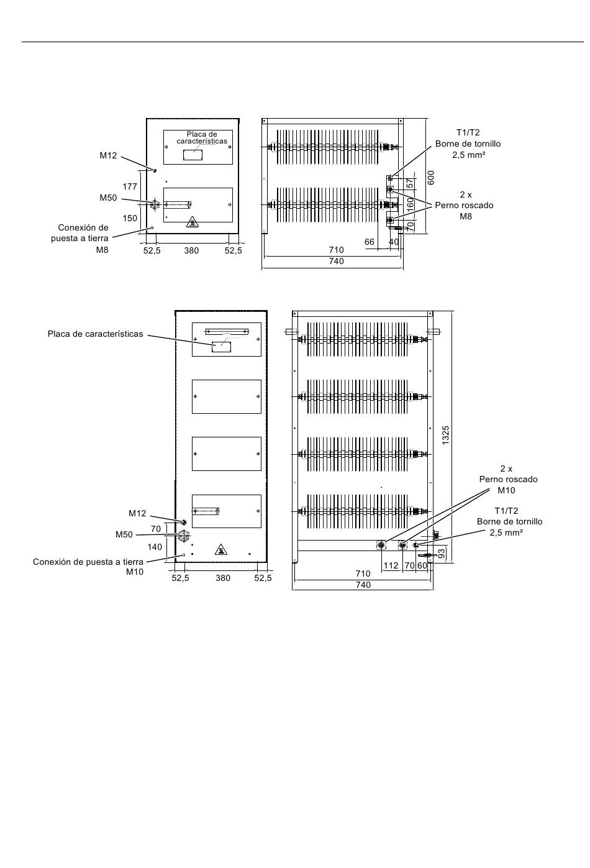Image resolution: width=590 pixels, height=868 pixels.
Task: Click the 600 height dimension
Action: click(x=432, y=178)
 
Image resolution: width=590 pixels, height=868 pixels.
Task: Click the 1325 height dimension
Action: click(x=445, y=435)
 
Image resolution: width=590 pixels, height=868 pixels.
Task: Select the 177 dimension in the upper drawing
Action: click(x=130, y=187)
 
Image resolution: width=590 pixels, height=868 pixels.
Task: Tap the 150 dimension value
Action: click(x=130, y=218)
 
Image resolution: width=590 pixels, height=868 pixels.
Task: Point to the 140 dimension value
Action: click(x=155, y=547)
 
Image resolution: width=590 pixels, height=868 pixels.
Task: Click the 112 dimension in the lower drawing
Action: click(x=391, y=566)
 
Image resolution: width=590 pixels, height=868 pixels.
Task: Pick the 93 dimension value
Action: click(x=441, y=553)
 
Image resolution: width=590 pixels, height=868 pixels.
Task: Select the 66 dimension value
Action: click(x=370, y=242)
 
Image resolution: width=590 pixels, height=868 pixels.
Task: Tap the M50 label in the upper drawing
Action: click(x=108, y=198)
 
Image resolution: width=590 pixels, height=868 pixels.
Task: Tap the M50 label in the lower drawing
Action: click(x=124, y=535)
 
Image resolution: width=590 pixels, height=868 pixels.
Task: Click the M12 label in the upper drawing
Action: click(x=108, y=155)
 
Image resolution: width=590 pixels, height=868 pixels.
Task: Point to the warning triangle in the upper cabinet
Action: click(x=193, y=222)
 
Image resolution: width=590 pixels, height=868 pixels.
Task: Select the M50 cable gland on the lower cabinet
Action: click(x=182, y=537)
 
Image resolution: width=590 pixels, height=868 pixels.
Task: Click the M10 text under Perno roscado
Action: click(x=506, y=491)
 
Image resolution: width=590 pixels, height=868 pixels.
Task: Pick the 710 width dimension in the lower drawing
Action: click(x=363, y=573)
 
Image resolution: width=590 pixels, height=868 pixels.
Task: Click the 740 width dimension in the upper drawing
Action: click(x=336, y=261)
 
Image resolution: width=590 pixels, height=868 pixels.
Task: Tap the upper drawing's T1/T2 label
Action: click(x=468, y=133)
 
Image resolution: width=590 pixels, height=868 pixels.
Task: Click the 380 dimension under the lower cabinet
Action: click(x=223, y=578)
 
